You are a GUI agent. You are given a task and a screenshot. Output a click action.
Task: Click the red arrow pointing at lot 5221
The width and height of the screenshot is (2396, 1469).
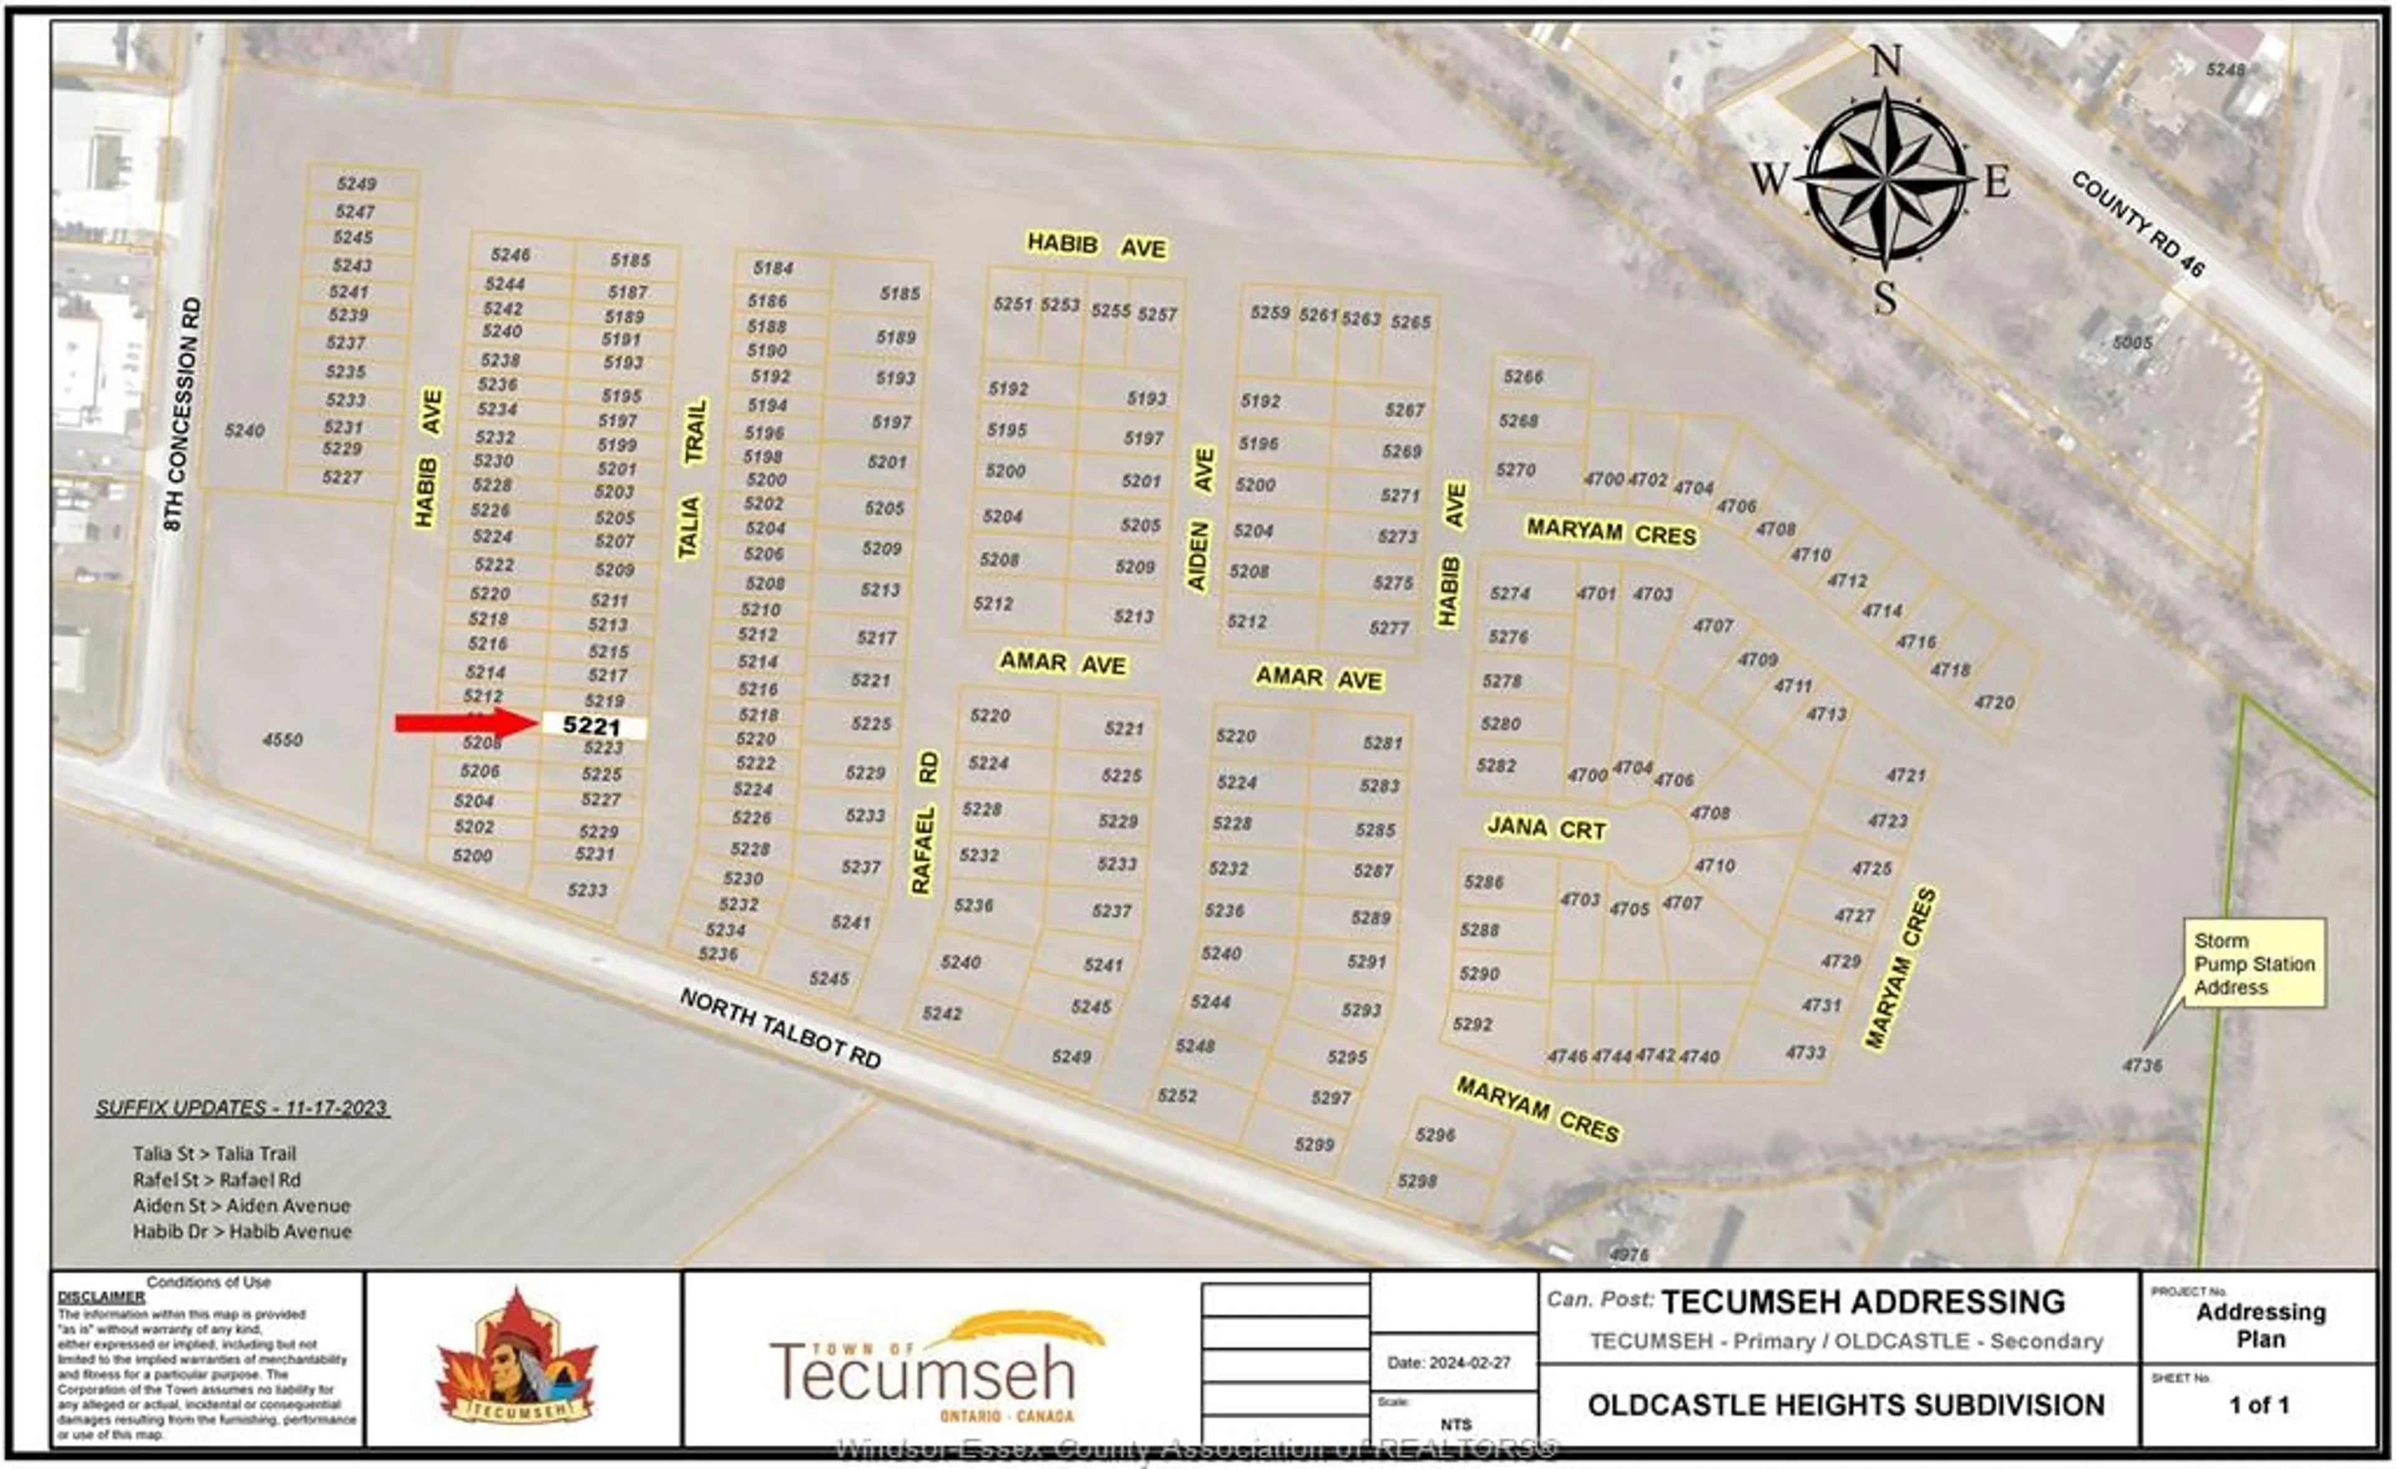(x=465, y=724)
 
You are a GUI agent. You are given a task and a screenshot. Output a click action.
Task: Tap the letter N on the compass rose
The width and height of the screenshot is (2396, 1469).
(x=1886, y=62)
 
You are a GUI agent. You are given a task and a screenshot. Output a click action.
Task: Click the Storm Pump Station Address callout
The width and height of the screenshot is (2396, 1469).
(x=2254, y=964)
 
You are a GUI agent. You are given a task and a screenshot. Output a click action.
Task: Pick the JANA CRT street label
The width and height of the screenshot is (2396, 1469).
(x=1546, y=828)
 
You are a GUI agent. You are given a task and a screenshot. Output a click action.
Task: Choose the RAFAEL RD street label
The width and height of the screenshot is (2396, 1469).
(x=924, y=822)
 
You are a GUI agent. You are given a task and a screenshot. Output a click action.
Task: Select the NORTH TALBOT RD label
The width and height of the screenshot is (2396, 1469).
(x=780, y=1027)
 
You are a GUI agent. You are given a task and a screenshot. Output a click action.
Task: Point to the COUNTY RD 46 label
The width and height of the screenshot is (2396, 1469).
(x=2137, y=223)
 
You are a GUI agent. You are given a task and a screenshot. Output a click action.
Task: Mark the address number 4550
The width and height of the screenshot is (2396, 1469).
(x=282, y=740)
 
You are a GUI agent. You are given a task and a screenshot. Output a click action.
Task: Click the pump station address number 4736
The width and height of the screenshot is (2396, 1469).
(x=2141, y=1065)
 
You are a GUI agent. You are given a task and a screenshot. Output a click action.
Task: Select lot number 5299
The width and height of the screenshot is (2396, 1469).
(x=1313, y=1144)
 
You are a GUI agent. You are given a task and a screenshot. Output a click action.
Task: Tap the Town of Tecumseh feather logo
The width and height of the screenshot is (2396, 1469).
(x=937, y=1366)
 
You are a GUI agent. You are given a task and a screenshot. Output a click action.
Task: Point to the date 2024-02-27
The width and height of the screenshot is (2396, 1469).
(x=1449, y=1362)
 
